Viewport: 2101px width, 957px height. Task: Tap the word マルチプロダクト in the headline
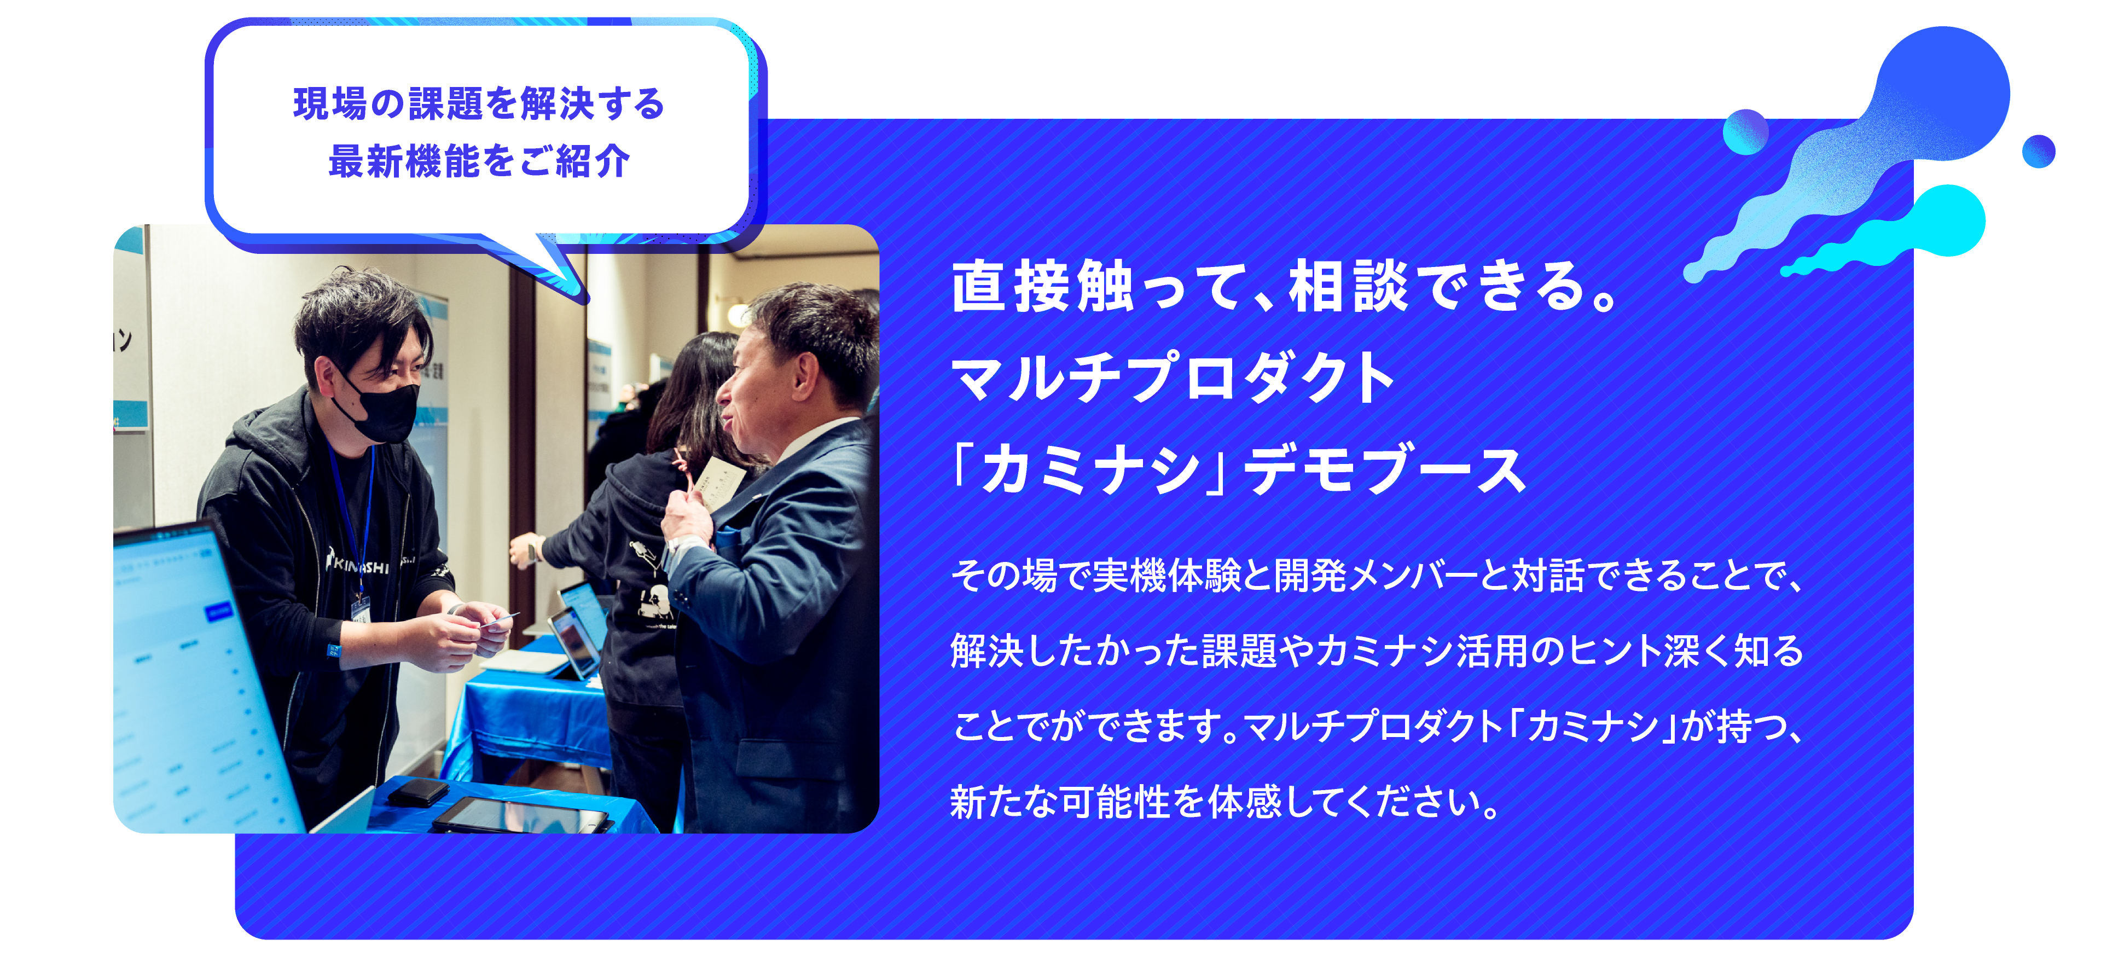coord(1172,378)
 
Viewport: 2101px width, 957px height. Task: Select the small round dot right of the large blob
coord(2038,151)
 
